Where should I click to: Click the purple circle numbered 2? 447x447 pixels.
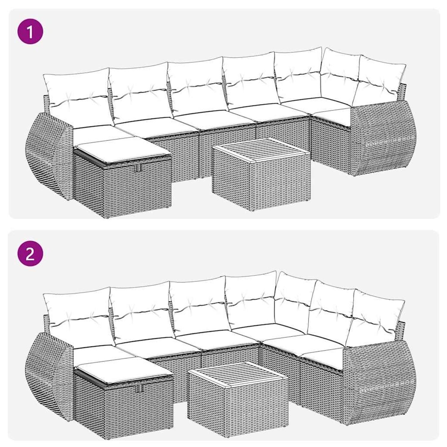30,254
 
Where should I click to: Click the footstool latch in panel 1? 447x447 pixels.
137,168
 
